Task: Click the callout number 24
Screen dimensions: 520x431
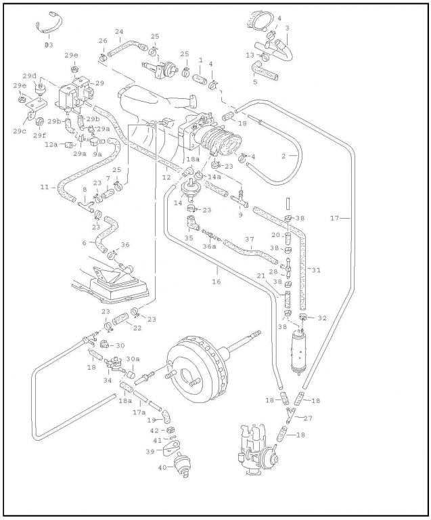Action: click(x=119, y=32)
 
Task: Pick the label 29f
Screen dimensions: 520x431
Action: click(x=39, y=135)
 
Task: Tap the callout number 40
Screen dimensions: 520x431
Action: click(x=162, y=467)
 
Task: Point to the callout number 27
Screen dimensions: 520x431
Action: click(x=308, y=418)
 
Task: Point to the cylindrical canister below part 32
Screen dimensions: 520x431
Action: click(x=298, y=349)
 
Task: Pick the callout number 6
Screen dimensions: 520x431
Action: click(x=84, y=242)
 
